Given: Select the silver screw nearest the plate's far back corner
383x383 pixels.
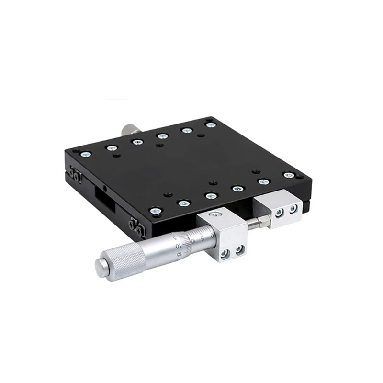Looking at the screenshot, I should click(x=211, y=124).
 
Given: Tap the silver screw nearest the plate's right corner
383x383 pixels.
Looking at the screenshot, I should click(x=288, y=175).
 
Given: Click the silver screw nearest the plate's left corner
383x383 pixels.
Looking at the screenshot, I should click(x=86, y=154).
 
